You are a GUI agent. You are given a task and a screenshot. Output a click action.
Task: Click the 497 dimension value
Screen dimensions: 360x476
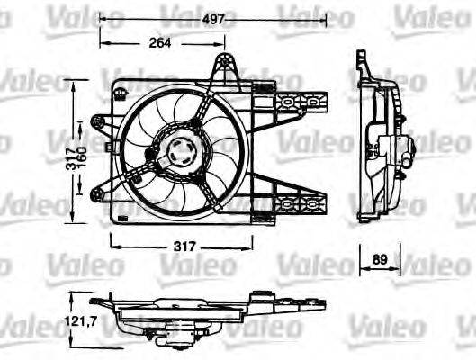[214, 16]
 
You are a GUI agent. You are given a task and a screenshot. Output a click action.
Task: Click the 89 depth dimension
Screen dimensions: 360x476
[381, 259]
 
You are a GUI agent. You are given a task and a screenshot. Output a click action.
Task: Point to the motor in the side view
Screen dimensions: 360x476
[396, 148]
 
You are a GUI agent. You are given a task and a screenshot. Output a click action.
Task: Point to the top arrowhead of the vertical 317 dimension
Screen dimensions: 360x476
[72, 82]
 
